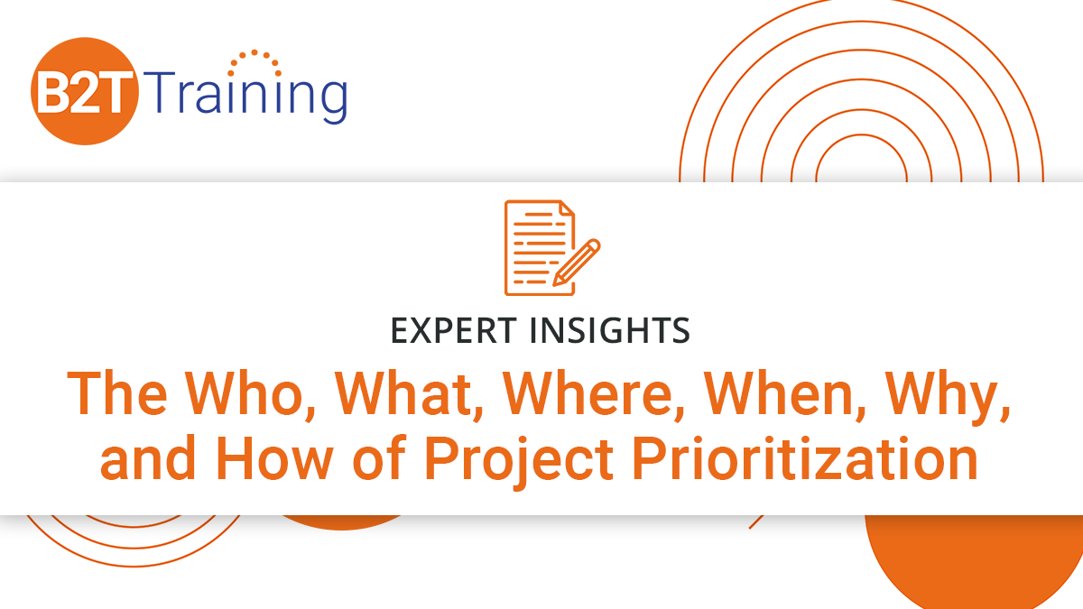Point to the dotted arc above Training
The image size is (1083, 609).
[x=255, y=61]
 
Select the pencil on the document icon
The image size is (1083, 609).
[x=576, y=262]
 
